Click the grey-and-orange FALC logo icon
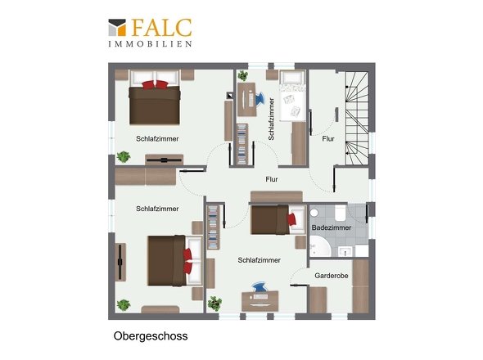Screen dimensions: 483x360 (x=117, y=27)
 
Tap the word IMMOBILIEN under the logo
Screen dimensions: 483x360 (x=150, y=43)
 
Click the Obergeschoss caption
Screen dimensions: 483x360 (x=151, y=336)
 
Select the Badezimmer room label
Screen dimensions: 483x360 (x=331, y=227)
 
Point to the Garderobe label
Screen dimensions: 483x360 (x=331, y=275)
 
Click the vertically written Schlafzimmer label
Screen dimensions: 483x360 (x=271, y=119)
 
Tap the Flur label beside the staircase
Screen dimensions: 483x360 (x=328, y=139)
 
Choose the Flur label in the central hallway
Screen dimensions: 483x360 (x=271, y=179)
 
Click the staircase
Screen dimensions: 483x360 (x=357, y=119)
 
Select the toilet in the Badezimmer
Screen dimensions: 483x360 (x=340, y=213)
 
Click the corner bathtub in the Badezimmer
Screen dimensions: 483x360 (x=320, y=246)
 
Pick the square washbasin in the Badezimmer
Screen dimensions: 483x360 (x=345, y=251)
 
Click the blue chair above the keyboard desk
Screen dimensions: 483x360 (x=260, y=286)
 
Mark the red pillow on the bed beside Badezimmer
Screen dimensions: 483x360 (x=291, y=219)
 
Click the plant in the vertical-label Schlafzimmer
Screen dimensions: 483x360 (x=243, y=75)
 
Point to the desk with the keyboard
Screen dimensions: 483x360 (x=260, y=301)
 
